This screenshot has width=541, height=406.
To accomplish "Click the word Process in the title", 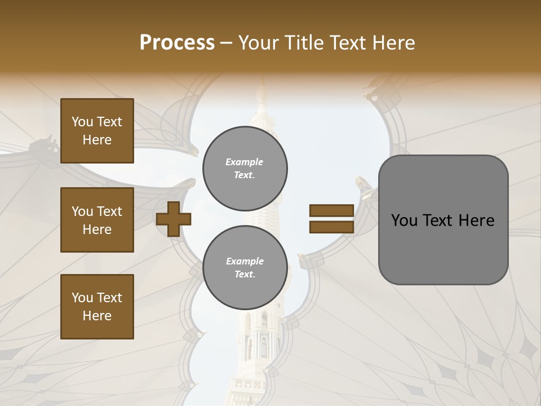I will click(x=177, y=43).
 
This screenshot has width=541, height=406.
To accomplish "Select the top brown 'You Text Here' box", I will click(x=97, y=131).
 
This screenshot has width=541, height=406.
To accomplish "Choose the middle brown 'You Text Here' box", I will click(x=97, y=220).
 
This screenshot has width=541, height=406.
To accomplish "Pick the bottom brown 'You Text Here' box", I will click(x=97, y=306).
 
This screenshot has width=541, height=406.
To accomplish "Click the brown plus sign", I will click(x=174, y=219).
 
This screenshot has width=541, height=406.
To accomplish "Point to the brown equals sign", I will click(x=331, y=219).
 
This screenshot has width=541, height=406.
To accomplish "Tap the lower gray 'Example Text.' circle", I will click(x=245, y=268).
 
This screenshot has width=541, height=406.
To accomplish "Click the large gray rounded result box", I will click(x=443, y=220).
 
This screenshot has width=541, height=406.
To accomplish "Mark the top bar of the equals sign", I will click(x=331, y=211).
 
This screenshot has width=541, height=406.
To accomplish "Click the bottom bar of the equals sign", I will click(x=331, y=227).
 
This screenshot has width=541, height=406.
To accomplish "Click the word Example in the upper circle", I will click(x=245, y=162).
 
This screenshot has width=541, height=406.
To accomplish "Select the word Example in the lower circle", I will click(x=245, y=261).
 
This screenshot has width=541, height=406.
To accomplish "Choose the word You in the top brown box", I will click(x=82, y=122).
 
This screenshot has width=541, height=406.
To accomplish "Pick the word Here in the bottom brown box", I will click(x=97, y=316).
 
